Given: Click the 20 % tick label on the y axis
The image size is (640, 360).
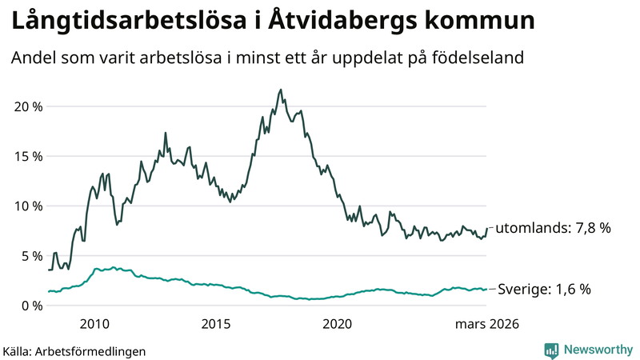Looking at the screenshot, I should click(x=27, y=106).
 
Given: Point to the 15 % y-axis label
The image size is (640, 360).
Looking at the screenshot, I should click(x=27, y=156).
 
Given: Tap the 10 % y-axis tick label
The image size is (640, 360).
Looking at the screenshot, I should click(x=27, y=206).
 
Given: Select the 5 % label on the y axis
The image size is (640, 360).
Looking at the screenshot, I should click(x=30, y=256).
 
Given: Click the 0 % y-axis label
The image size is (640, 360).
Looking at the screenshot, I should click(x=30, y=306).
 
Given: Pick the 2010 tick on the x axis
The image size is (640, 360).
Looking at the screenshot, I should click(x=94, y=324).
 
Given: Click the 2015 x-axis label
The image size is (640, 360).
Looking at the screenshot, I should click(x=216, y=324).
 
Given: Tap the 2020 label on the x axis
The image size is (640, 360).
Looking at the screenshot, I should click(x=337, y=324).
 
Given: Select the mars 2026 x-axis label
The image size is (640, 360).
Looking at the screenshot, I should click(x=487, y=324).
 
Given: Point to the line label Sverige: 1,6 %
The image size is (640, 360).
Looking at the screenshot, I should click(x=545, y=290).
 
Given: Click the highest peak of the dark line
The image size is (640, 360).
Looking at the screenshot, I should click(x=280, y=90).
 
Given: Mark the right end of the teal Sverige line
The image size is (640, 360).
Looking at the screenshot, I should click(x=486, y=290).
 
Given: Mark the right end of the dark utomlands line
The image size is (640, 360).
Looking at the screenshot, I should click(x=486, y=228).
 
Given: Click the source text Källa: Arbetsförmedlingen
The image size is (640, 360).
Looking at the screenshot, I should click(x=74, y=350).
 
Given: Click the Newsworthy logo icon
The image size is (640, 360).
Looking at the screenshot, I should click(x=551, y=350).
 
